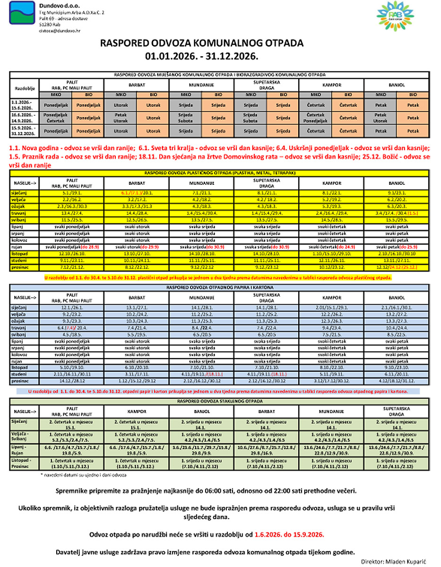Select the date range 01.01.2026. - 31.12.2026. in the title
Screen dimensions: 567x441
point(202,55)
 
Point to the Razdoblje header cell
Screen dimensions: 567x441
point(24,88)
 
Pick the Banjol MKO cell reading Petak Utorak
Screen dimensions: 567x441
point(380,117)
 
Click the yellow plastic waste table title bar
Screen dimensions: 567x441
point(220,173)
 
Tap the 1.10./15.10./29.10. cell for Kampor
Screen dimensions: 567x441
point(329,254)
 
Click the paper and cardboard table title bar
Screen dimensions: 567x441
point(220,287)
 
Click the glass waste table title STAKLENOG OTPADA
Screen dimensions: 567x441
point(220,401)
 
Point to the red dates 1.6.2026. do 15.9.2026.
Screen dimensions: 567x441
point(289,534)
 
